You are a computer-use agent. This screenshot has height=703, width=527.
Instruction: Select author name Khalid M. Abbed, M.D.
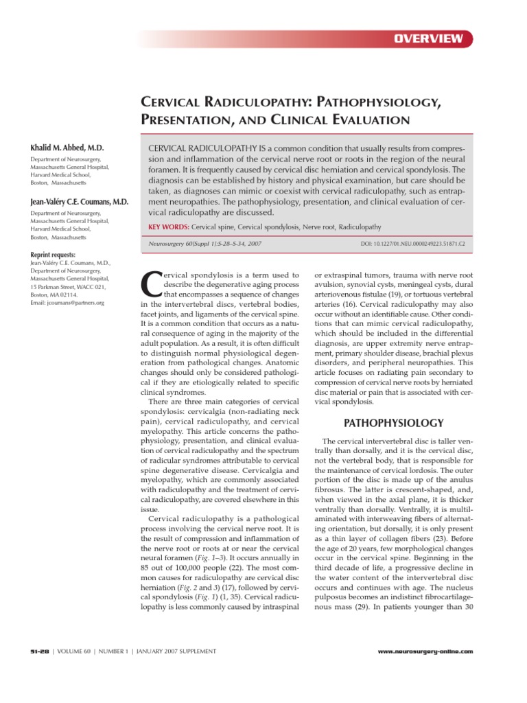point(67,148)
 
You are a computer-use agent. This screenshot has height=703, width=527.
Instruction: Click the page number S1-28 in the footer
point(39,651)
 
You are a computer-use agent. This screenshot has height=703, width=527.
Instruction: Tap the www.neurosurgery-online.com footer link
point(425,651)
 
